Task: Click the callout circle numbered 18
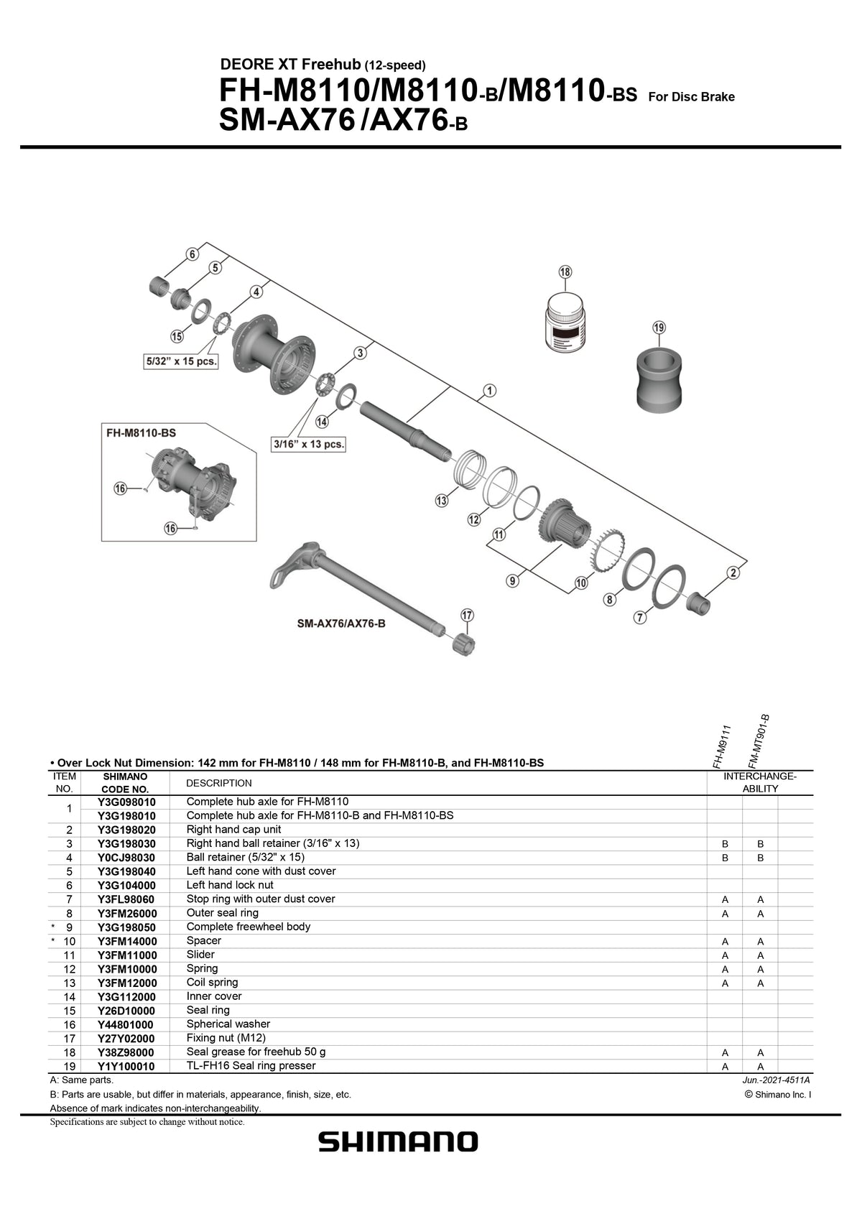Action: point(565,272)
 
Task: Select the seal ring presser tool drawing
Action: point(660,380)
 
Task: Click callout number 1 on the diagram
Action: point(489,391)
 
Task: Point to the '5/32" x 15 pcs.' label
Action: point(181,361)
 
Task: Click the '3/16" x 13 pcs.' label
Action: point(309,444)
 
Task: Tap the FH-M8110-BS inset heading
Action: point(141,433)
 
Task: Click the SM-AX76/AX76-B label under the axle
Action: point(341,624)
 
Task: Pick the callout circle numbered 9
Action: point(513,580)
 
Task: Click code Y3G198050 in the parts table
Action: point(126,927)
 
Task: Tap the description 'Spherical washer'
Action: point(228,1024)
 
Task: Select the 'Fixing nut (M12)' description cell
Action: point(226,1038)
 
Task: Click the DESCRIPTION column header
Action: point(219,783)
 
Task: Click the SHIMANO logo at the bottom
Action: point(398,1141)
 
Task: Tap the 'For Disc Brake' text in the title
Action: point(691,97)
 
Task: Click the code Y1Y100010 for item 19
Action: point(126,1067)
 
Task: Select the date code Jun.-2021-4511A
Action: point(776,1080)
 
